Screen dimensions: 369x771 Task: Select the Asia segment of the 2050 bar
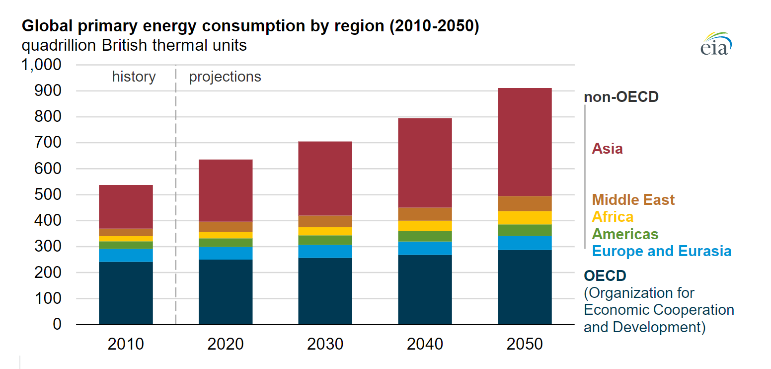[525, 142]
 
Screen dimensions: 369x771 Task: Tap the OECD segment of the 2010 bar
[126, 293]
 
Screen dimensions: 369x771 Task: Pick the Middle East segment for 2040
[425, 214]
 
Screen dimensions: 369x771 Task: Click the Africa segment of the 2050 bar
[525, 218]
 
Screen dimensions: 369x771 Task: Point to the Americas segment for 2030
[325, 240]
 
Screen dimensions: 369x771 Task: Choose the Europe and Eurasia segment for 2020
[226, 253]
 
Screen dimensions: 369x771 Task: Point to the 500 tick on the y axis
[48, 195]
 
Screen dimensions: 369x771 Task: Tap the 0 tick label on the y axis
[57, 325]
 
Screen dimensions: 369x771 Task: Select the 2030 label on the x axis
[325, 344]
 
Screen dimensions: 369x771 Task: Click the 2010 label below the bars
[126, 344]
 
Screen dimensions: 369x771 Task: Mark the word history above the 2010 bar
[134, 77]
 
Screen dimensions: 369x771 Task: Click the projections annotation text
[225, 77]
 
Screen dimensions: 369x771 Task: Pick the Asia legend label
[607, 149]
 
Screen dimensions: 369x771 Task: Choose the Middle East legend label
[633, 200]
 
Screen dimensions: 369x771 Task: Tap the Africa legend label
[613, 217]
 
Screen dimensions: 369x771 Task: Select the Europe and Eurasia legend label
[662, 251]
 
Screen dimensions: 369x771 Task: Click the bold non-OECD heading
[621, 96]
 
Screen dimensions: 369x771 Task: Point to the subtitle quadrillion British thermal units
[134, 45]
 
